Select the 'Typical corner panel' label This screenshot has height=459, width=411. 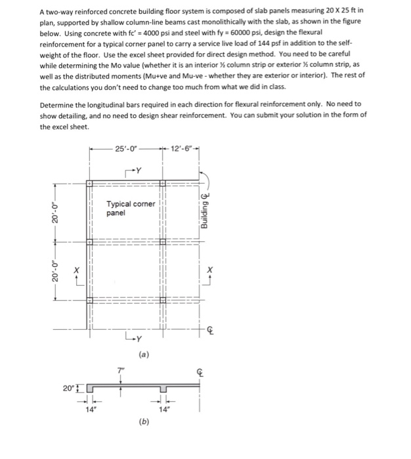click(131, 208)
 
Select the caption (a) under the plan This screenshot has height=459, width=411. click(143, 354)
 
